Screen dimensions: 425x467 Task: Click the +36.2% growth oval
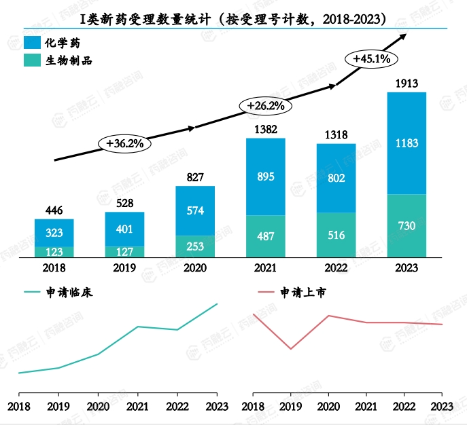pyautogui.click(x=124, y=143)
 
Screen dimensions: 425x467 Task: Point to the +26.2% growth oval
pyautogui.click(x=265, y=106)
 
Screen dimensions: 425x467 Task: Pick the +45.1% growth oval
pyautogui.click(x=371, y=59)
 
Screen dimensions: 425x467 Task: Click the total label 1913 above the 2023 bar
pyautogui.click(x=406, y=84)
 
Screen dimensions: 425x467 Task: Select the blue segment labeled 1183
pyautogui.click(x=406, y=143)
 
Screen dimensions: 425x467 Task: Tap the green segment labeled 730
pyautogui.click(x=406, y=225)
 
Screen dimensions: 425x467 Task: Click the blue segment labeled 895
pyautogui.click(x=265, y=177)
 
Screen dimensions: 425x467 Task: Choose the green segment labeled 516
pyautogui.click(x=335, y=235)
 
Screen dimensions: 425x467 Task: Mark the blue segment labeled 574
pyautogui.click(x=194, y=210)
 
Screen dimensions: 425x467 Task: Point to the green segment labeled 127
pyautogui.click(x=124, y=251)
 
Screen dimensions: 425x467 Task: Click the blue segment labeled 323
pyautogui.click(x=54, y=233)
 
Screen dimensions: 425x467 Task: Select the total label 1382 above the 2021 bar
pyautogui.click(x=265, y=129)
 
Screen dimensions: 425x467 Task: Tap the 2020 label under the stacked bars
pyautogui.click(x=194, y=268)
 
